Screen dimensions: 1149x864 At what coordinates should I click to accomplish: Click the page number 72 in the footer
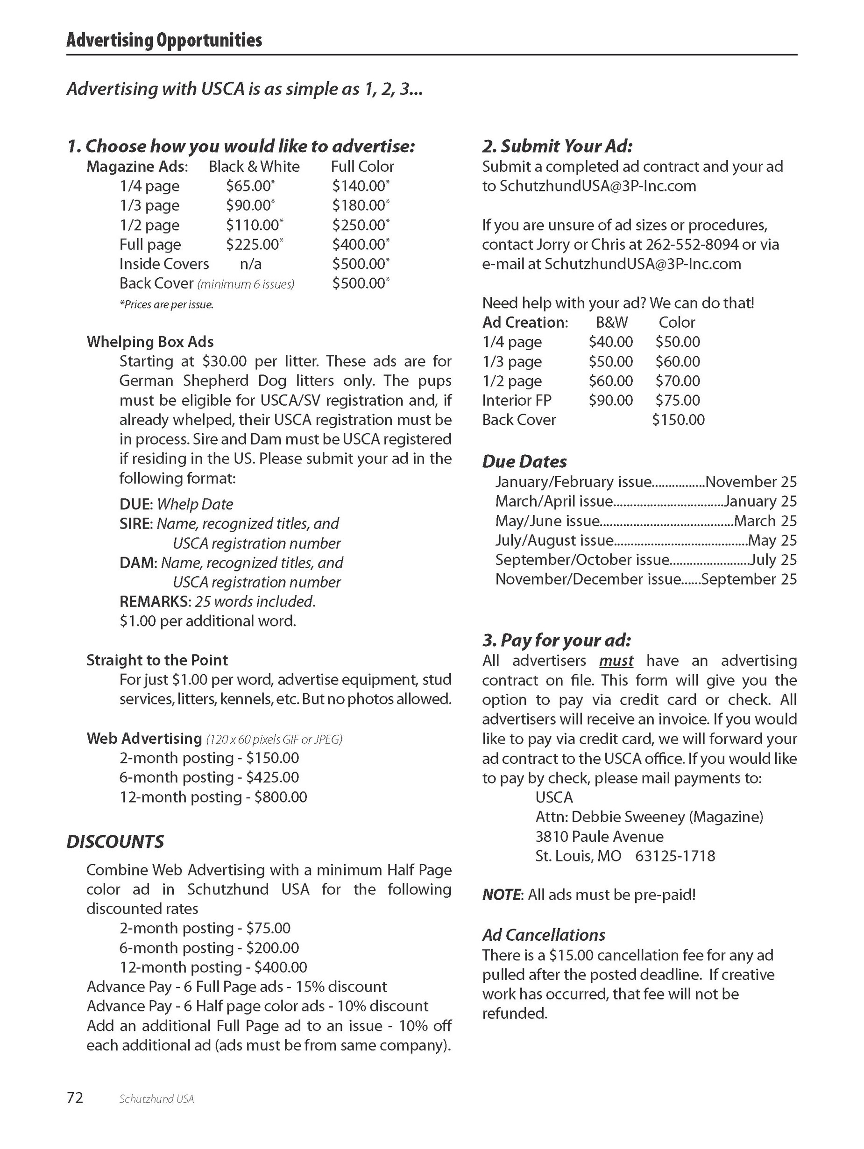75,1098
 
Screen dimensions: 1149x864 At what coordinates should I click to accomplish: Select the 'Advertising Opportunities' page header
164,40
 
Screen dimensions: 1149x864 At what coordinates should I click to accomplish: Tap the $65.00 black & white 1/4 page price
249,186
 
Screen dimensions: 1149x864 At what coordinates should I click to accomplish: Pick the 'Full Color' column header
362,166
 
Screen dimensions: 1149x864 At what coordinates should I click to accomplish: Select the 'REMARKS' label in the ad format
154,601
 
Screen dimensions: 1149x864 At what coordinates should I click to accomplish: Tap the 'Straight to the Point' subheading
157,660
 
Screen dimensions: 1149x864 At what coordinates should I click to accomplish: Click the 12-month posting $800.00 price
280,797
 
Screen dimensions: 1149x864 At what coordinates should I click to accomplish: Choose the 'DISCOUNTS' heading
115,841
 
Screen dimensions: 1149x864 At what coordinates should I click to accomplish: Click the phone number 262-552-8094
692,245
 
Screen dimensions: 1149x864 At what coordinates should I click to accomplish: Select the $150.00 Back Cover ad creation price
678,420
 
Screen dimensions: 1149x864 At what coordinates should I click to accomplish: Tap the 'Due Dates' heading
524,461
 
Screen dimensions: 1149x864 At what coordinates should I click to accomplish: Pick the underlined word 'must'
616,661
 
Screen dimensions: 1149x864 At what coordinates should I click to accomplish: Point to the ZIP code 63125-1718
675,856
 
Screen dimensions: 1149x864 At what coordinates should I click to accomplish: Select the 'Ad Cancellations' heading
544,935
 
